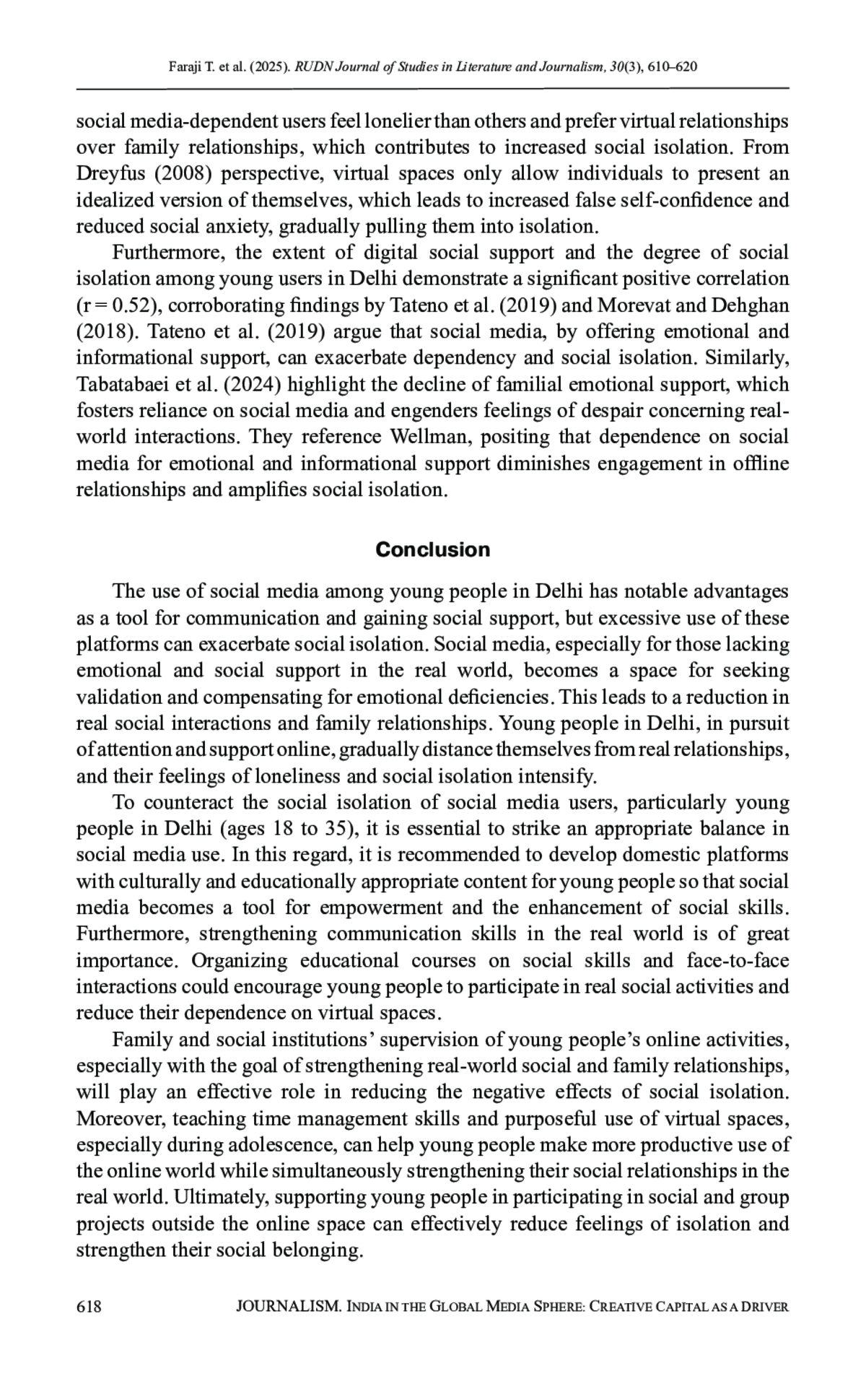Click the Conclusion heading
(x=432, y=549)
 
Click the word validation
(x=119, y=697)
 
